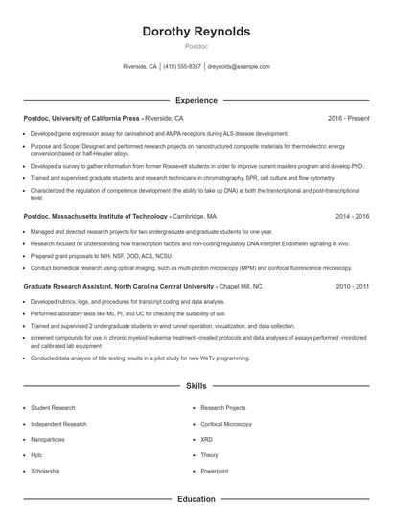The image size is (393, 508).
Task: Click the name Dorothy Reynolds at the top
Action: point(196,32)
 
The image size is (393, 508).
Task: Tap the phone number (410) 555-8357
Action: point(181,67)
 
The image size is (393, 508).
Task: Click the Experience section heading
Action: point(196,99)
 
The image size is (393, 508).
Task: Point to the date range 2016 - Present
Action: point(348,118)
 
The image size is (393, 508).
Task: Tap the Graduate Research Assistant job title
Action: point(118,286)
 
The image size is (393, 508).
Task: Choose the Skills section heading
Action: point(196,385)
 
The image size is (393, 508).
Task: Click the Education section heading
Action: point(196,498)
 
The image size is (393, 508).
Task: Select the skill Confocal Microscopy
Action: point(226,424)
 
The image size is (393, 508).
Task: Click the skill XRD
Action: point(207,439)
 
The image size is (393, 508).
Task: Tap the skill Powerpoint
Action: point(216,471)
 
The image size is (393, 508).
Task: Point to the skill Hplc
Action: point(37,455)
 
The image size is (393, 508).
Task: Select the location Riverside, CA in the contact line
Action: point(140,67)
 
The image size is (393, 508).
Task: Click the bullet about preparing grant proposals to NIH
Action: point(102,257)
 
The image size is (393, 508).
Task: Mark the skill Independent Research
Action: point(58,424)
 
